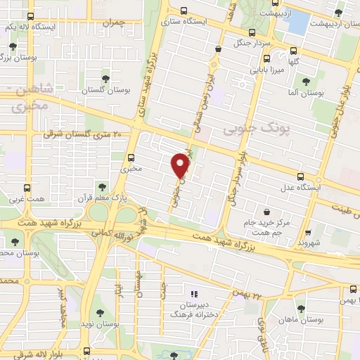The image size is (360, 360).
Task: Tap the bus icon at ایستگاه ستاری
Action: tap(184, 11)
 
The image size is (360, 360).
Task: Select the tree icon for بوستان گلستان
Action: tap(106, 79)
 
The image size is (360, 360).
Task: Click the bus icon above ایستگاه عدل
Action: tap(300, 176)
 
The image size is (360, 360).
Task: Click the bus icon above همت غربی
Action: tap(27, 188)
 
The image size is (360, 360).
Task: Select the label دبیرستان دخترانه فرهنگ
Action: tap(193, 310)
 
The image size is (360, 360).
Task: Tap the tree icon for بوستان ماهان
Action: tap(301, 309)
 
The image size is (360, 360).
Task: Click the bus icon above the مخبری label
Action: tap(131, 157)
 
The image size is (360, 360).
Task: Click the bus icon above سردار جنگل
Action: tap(252, 32)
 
